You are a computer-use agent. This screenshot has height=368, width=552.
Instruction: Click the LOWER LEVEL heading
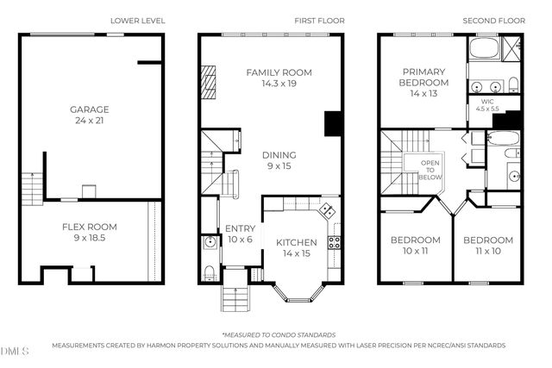(137, 20)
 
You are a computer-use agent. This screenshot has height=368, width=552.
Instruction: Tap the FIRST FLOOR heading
(313, 20)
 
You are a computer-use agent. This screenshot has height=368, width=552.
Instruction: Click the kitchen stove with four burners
(335, 237)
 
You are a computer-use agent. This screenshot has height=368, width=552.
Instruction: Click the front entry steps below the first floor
(235, 299)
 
